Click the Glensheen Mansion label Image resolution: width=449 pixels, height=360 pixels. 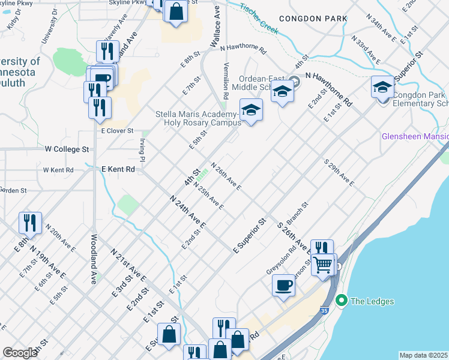tap(415, 137)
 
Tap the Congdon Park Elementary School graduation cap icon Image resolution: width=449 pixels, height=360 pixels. tap(382, 87)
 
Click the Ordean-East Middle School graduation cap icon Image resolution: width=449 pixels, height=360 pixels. tap(282, 91)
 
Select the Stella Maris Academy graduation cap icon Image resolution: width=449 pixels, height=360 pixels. tap(251, 109)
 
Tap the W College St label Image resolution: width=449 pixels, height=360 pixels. tap(67, 148)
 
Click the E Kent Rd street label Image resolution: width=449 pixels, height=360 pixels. tap(118, 169)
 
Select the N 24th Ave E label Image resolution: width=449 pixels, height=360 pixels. tap(187, 212)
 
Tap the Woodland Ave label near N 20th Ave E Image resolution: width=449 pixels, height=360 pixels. tap(94, 262)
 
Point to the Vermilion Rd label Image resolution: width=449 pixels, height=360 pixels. tap(226, 80)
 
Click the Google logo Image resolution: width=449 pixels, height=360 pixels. tap(20, 352)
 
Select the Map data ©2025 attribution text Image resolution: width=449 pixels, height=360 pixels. tap(423, 355)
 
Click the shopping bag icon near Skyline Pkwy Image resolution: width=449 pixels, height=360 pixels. tap(176, 11)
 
